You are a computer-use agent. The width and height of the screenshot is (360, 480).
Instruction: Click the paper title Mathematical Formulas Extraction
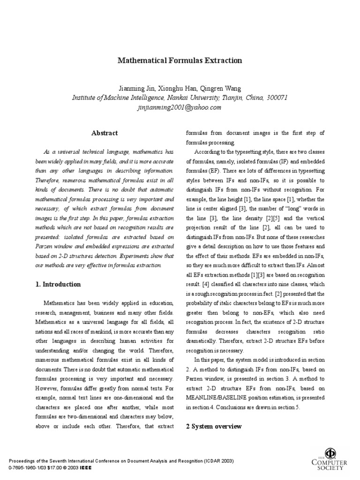point(180,60)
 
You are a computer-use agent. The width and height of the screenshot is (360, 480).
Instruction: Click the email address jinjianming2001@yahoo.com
point(180,107)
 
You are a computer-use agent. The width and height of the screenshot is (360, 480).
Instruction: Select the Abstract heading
point(105,133)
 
